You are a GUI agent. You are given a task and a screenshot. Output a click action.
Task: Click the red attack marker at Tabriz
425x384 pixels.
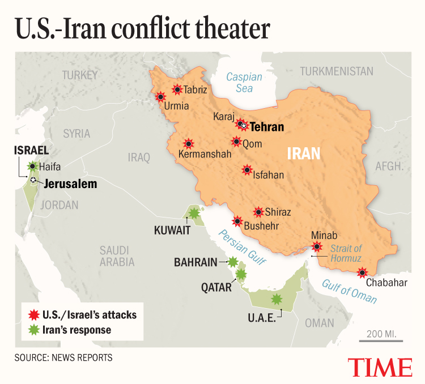177,89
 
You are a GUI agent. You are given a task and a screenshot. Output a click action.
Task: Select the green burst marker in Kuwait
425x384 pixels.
194,213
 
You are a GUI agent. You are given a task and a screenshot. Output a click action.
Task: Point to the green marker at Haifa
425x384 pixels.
33,167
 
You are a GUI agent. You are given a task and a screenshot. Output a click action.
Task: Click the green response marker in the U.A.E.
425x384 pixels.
277,299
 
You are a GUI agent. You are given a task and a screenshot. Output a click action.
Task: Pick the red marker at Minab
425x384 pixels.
317,246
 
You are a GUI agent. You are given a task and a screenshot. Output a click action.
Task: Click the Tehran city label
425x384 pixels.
267,127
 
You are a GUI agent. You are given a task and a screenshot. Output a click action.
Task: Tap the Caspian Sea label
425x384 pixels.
244,83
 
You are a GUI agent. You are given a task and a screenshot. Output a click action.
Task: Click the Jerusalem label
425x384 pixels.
70,184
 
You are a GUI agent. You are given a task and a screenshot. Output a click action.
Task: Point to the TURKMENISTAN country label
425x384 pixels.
337,71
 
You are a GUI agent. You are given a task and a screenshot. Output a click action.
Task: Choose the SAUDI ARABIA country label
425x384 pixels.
117,256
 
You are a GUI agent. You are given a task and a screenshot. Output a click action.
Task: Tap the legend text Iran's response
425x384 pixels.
76,330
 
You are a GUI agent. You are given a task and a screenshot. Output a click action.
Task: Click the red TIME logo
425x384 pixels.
380,366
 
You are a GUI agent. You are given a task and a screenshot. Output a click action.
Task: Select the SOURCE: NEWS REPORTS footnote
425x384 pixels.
63,358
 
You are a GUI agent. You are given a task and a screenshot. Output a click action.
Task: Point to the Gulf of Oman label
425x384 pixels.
350,289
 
